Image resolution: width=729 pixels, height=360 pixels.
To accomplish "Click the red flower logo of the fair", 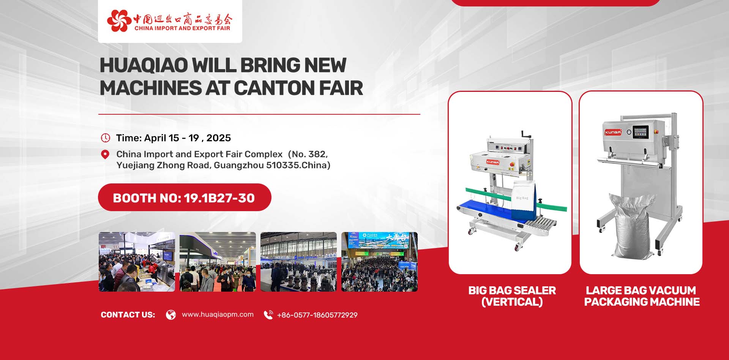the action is (119, 21).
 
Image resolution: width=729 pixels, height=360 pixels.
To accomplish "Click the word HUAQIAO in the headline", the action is (144, 65).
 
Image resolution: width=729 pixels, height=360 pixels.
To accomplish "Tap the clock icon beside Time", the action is (105, 138).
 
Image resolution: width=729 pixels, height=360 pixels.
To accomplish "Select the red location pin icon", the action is (105, 155).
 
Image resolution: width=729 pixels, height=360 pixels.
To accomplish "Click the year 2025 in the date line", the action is (219, 138).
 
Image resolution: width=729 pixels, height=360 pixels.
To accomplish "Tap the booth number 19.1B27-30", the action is (219, 198).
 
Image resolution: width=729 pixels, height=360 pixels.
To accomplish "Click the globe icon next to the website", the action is (171, 315).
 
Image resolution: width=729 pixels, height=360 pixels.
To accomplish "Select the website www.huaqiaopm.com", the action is (218, 314).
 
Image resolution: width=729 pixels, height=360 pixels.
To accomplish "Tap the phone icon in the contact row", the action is (268, 315).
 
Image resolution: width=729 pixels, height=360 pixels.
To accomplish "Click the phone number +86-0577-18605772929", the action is (317, 315).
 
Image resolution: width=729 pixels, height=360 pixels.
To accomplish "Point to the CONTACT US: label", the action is (128, 315).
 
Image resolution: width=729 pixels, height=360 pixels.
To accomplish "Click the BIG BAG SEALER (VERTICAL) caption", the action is (512, 296).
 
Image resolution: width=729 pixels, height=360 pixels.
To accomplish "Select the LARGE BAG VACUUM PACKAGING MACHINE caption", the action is (642, 296).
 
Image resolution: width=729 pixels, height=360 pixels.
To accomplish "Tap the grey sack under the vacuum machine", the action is (632, 226).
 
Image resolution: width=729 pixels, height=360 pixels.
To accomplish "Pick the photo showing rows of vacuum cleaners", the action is (298, 262).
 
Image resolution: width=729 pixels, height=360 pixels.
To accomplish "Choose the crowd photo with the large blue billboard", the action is (379, 262).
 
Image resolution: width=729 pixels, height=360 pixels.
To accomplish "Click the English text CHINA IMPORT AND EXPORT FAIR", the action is (182, 28).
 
